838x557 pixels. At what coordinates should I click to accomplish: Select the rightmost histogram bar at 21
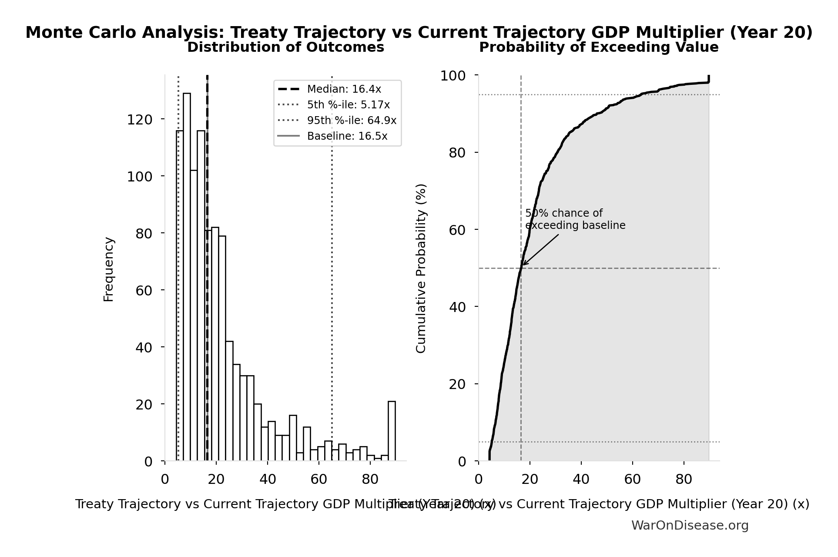(x=392, y=431)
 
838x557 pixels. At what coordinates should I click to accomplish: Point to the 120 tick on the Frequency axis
(x=140, y=119)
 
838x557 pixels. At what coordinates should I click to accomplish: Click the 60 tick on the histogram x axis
(x=318, y=480)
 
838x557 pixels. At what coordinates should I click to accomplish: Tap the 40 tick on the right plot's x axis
(x=581, y=480)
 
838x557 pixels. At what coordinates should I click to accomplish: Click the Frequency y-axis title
(x=108, y=269)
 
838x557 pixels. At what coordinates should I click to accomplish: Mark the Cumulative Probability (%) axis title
(x=421, y=268)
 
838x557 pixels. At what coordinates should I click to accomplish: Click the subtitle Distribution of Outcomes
(x=285, y=47)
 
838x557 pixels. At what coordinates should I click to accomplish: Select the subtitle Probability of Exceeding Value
(x=599, y=47)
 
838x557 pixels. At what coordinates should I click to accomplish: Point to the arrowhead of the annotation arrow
(x=523, y=264)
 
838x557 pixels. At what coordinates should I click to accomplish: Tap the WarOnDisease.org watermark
(x=690, y=525)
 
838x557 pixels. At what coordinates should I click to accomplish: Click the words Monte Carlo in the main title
(x=81, y=33)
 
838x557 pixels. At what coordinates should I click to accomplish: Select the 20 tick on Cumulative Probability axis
(x=457, y=384)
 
